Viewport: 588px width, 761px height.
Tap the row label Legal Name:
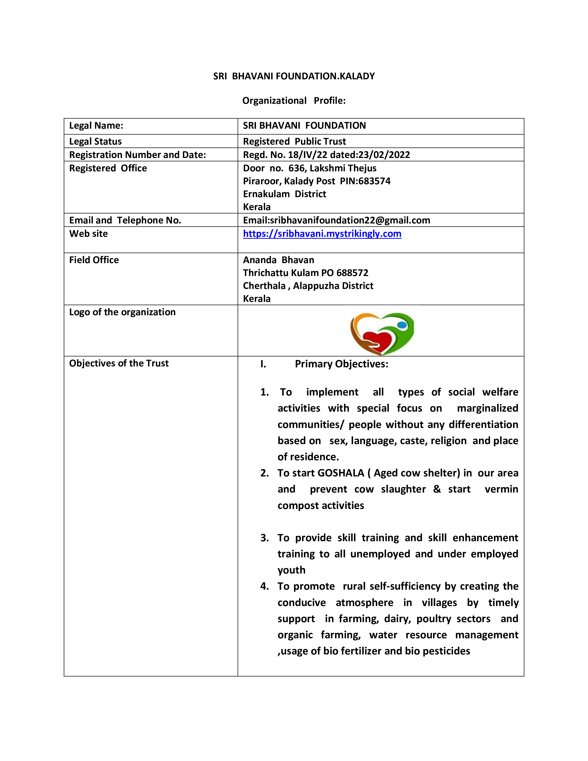[x=96, y=126]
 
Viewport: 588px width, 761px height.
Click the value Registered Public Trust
[x=294, y=141]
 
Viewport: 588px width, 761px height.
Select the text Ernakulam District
[x=284, y=194]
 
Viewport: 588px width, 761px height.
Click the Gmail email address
[x=350, y=220]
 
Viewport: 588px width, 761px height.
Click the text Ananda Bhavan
[x=278, y=260]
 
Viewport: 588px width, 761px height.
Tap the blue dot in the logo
[x=402, y=325]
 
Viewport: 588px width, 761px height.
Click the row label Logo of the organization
[x=122, y=312]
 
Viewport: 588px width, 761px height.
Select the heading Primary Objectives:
[x=341, y=364]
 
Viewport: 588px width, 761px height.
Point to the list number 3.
[x=264, y=538]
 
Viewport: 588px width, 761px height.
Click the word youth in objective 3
[x=291, y=570]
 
